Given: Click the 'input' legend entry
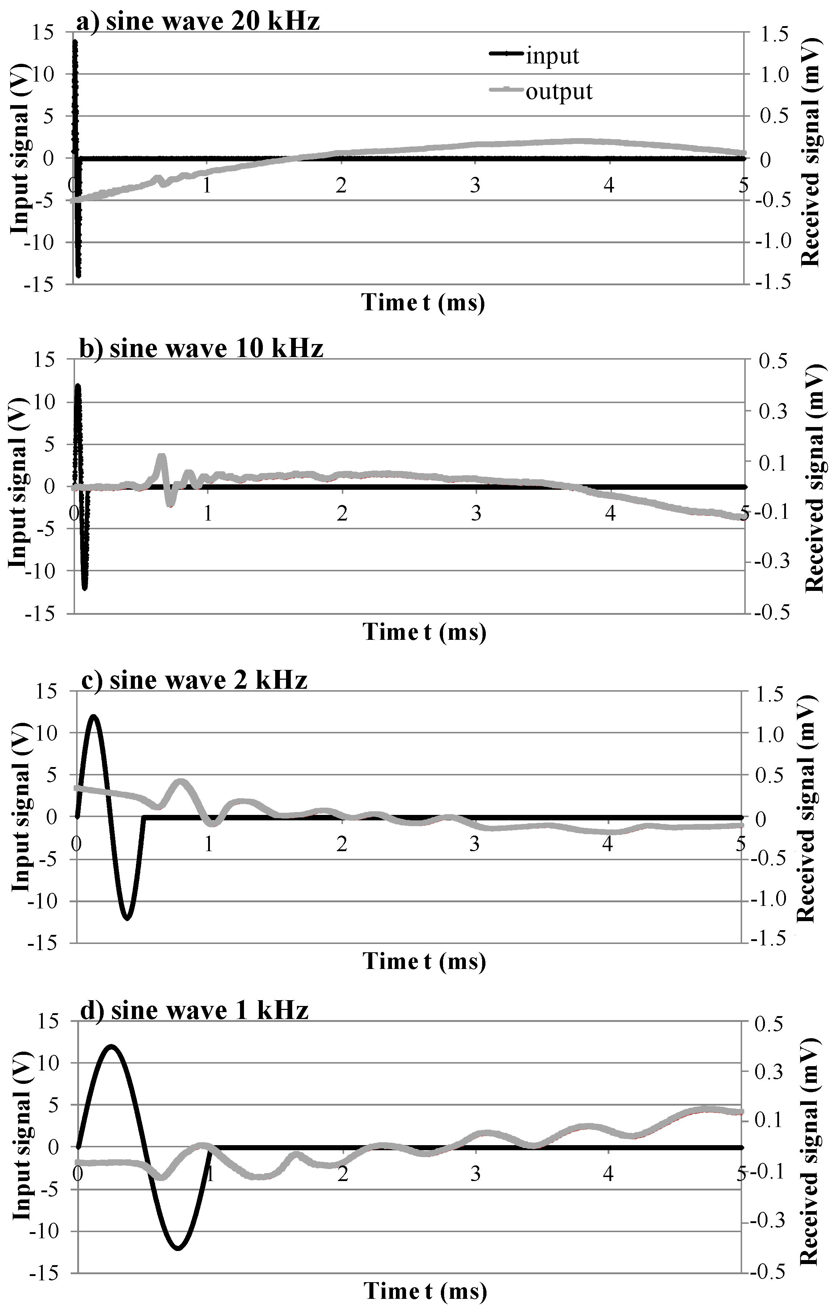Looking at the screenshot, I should click(x=552, y=56).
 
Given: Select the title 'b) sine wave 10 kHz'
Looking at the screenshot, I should click(x=202, y=348).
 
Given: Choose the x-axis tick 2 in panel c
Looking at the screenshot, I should click(x=342, y=844).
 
